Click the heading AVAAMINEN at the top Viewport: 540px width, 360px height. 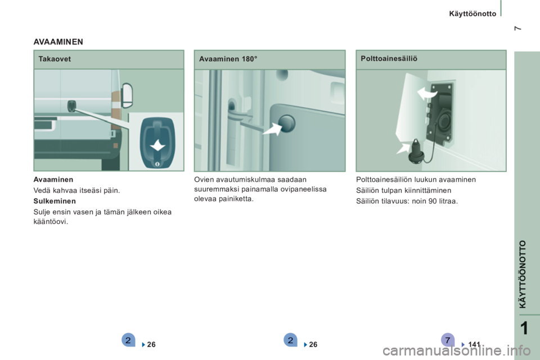point(58,42)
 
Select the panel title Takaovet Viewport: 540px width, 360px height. point(55,59)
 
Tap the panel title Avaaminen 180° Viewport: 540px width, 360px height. point(228,59)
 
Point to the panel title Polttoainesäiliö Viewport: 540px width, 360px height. point(389,58)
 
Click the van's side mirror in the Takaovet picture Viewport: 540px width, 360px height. point(128,95)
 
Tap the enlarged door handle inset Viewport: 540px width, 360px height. point(157,143)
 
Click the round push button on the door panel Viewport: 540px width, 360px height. point(286,123)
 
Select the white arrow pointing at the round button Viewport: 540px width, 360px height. point(272,129)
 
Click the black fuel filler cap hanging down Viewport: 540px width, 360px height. point(416,154)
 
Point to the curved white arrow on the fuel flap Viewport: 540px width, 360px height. point(427,93)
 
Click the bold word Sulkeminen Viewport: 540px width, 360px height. point(55,201)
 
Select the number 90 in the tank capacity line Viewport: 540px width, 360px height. point(433,201)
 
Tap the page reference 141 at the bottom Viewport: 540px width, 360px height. point(474,344)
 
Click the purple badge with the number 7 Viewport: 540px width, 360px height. point(447,340)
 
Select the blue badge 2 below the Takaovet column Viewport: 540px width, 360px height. point(128,340)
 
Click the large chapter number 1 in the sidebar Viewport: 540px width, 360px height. point(524,328)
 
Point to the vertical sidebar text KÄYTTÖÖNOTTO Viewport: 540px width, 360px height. point(523,274)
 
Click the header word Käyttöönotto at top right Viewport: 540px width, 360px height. point(472,13)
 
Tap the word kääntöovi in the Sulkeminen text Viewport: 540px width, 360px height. point(51,222)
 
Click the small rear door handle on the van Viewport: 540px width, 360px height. point(71,106)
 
